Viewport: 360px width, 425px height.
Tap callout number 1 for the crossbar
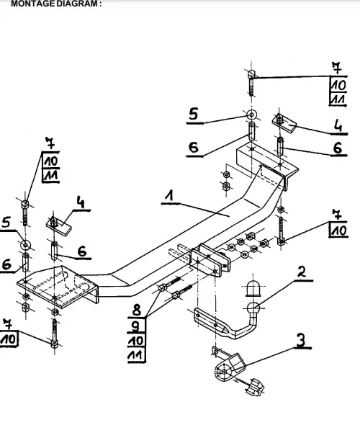point(170,195)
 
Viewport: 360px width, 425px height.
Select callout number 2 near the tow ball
point(301,272)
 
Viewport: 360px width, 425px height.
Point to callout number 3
point(301,340)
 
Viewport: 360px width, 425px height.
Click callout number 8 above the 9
point(137,310)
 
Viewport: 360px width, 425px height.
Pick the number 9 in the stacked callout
point(136,326)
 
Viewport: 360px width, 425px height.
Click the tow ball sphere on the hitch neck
point(253,308)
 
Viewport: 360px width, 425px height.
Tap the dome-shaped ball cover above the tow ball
point(253,288)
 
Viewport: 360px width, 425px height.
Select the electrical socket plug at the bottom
point(254,387)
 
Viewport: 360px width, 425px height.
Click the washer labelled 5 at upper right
point(252,115)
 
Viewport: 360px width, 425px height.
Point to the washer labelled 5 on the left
point(26,245)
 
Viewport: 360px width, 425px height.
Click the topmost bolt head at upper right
point(252,73)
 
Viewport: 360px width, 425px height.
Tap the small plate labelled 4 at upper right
point(284,123)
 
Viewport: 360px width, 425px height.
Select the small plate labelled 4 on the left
point(59,226)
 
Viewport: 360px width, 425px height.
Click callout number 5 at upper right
point(194,114)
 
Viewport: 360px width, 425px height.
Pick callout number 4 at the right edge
point(338,125)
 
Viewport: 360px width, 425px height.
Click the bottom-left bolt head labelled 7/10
point(55,344)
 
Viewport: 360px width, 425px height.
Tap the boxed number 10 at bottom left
point(8,339)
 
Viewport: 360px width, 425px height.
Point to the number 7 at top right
point(337,68)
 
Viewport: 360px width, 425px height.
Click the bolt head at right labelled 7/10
point(281,241)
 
